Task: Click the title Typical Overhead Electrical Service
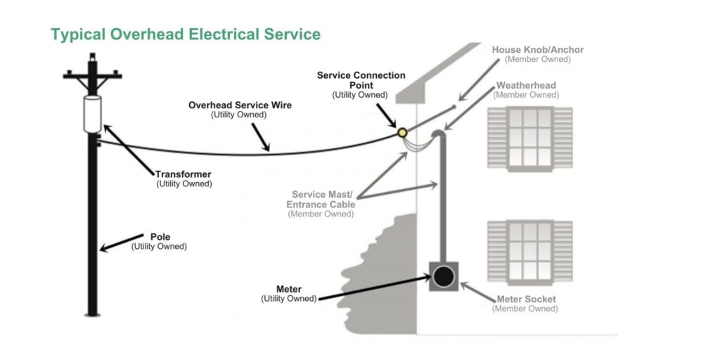tap(186, 34)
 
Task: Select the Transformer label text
tap(184, 174)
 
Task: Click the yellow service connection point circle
tap(401, 132)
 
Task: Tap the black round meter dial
tap(443, 277)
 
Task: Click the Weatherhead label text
tap(526, 86)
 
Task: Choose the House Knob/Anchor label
tap(538, 50)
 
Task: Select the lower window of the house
tap(530, 251)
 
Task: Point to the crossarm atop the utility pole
tap(93, 75)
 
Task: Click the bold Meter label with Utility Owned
tap(289, 289)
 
